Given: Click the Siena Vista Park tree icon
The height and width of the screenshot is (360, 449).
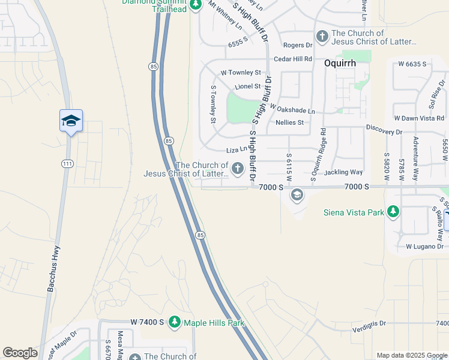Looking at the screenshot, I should [x=393, y=211].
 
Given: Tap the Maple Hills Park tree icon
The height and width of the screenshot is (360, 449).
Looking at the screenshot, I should [x=175, y=323].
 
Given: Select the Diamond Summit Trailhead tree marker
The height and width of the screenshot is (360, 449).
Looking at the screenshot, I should [x=195, y=5].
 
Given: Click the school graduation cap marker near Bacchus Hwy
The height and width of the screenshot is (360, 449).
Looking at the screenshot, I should [x=71, y=121].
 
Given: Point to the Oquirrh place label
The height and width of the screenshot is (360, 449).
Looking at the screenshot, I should [x=340, y=62].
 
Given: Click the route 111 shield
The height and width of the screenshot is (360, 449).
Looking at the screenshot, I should [x=65, y=163].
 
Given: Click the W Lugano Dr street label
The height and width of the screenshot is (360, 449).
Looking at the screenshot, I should [x=424, y=247].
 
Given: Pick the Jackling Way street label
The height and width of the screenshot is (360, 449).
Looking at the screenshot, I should [x=343, y=172].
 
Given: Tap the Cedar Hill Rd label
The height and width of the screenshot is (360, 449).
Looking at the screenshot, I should [x=293, y=59].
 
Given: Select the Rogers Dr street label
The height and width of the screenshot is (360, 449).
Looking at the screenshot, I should [x=298, y=45].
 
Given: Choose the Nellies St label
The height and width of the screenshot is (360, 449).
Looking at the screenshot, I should [x=289, y=122].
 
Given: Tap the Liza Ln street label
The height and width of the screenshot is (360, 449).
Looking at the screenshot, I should [x=237, y=149].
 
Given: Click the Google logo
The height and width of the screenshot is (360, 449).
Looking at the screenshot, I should [x=20, y=353].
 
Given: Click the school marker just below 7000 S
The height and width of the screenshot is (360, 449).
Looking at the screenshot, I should [x=297, y=195].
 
